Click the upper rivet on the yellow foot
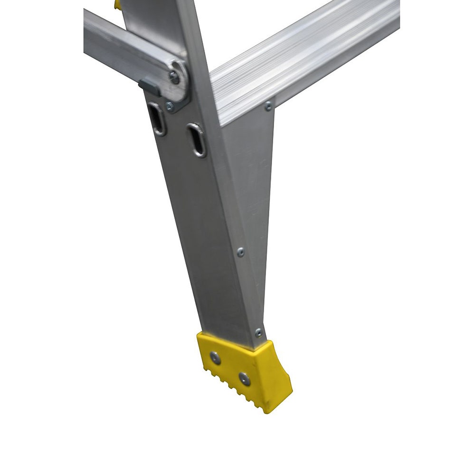(215, 358)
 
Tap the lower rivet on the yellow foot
(244, 378)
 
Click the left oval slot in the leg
(157, 119)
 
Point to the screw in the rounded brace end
(175, 77)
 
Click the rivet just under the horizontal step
(268, 105)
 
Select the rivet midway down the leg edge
(241, 252)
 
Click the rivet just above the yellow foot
(258, 332)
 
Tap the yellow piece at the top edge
(117, 5)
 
